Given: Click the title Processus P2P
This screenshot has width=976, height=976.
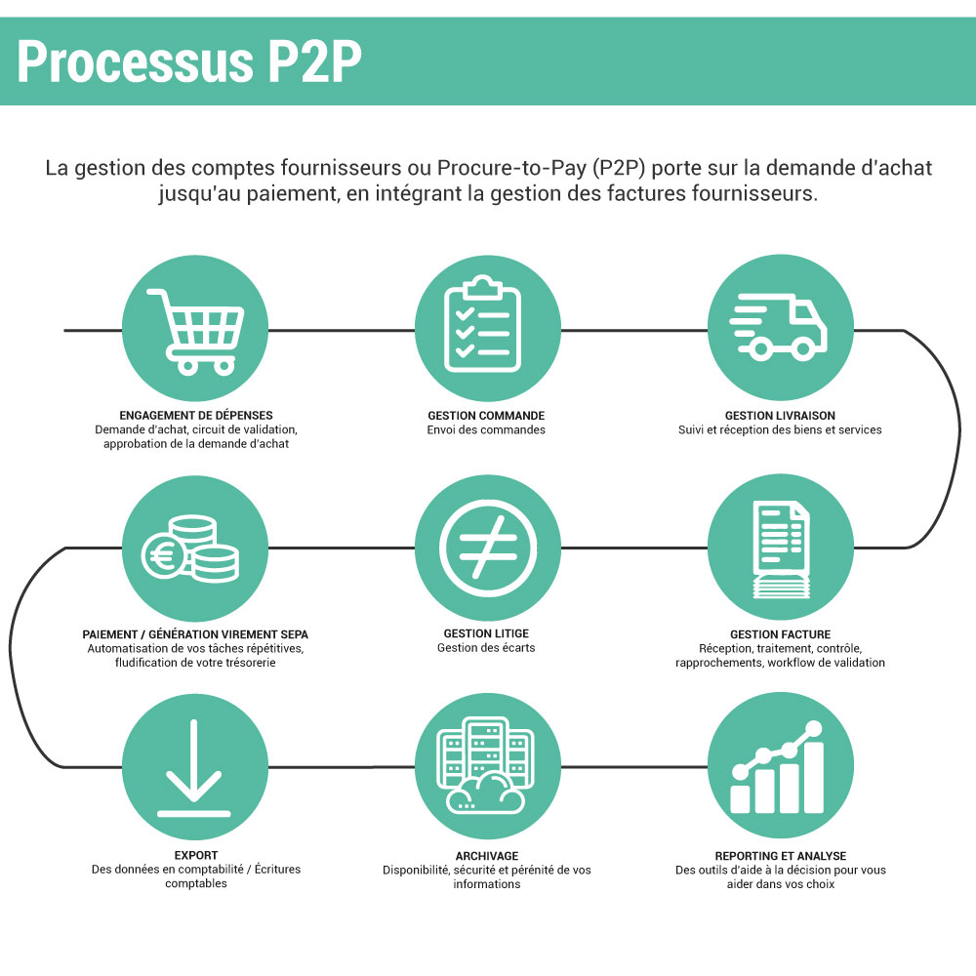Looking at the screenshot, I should [189, 62].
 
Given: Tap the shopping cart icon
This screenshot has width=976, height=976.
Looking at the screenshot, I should [195, 330].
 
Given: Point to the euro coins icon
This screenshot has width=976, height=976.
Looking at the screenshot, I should [192, 549].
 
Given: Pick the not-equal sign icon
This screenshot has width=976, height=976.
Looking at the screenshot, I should [487, 548].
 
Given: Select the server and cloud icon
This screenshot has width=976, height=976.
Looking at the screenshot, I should [486, 766].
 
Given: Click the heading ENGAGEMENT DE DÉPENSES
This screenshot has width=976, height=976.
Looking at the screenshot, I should [195, 416].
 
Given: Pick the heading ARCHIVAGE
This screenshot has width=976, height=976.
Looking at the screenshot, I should [486, 856].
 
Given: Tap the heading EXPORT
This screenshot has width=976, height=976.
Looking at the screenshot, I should [195, 856].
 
